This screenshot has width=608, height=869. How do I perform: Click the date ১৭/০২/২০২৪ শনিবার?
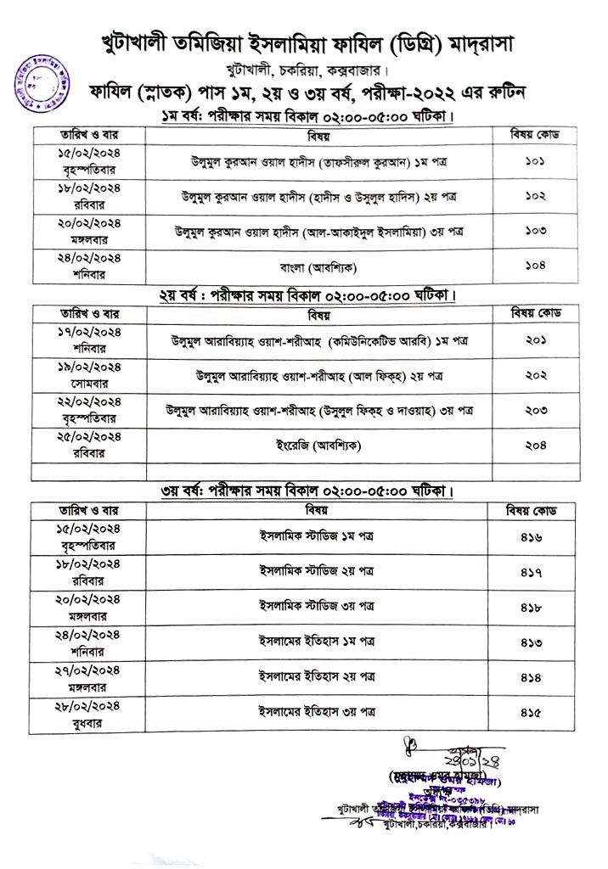91,339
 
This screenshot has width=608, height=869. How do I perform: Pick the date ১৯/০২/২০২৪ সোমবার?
91,374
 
